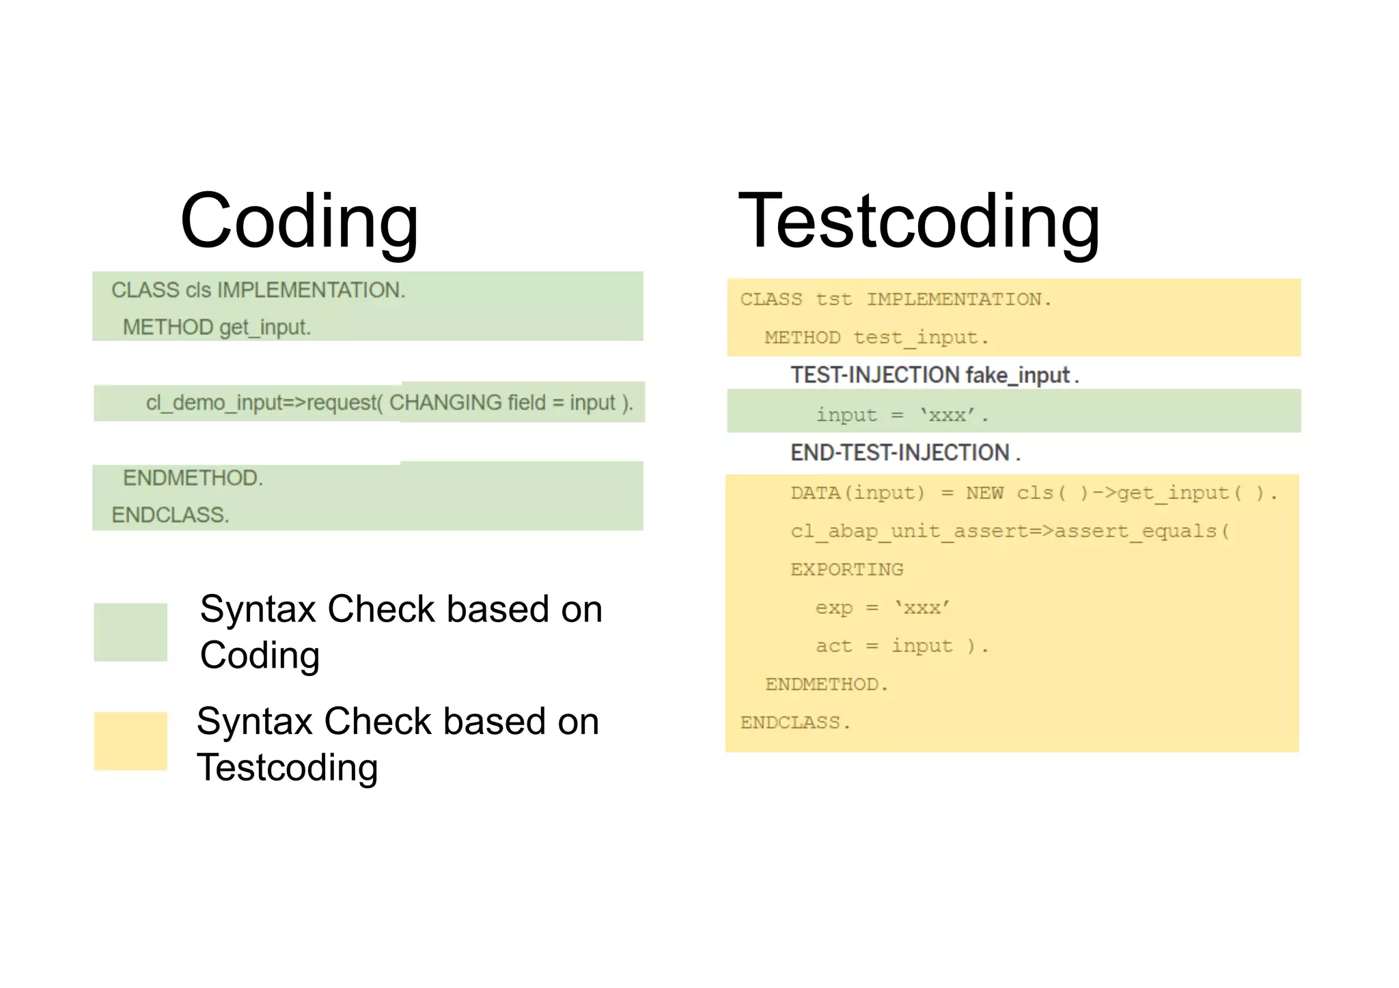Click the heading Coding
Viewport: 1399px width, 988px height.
(x=299, y=222)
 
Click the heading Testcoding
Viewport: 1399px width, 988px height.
(x=919, y=222)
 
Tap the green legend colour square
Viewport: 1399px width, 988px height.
(x=130, y=632)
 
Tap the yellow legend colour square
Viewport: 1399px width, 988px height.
(x=130, y=741)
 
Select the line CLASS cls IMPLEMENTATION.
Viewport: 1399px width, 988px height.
(x=258, y=290)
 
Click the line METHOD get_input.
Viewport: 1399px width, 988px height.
(x=217, y=328)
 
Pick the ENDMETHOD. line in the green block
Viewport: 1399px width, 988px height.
(x=193, y=478)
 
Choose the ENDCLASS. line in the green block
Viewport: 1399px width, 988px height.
(x=170, y=515)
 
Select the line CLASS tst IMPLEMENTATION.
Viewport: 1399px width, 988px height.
(x=896, y=300)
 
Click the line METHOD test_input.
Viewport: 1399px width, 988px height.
(x=876, y=338)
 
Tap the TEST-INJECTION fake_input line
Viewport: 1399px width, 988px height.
(x=934, y=376)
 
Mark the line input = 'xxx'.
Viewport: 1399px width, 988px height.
(x=902, y=415)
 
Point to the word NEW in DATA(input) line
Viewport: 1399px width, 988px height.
(x=984, y=493)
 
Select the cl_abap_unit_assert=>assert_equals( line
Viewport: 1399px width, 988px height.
(x=1010, y=531)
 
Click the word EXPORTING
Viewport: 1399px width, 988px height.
(x=847, y=569)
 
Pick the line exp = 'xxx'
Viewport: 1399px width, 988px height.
(x=882, y=608)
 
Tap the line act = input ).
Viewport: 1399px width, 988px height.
(x=902, y=646)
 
